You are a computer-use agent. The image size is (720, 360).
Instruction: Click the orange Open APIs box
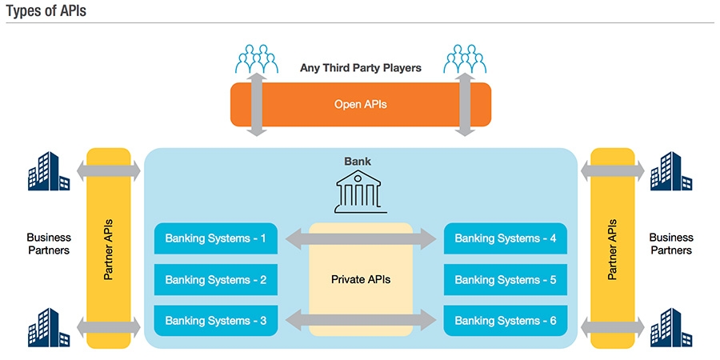point(360,104)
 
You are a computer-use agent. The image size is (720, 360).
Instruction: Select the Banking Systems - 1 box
point(216,238)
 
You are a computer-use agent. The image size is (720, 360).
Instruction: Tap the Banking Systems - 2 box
point(216,280)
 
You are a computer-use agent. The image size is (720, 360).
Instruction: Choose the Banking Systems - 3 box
point(216,321)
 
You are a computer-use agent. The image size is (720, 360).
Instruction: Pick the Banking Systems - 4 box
point(506,238)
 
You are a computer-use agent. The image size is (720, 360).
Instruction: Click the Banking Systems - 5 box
point(506,280)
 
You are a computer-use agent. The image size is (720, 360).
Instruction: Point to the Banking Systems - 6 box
point(506,321)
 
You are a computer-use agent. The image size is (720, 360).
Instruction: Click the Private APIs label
point(360,280)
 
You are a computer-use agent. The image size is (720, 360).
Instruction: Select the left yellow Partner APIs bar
point(108,248)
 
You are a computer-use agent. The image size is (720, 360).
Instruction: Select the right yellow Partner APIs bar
point(612,248)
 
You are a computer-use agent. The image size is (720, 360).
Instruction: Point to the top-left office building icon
point(49,170)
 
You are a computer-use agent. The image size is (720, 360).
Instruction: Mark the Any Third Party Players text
point(360,68)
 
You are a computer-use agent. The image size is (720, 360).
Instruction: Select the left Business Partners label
point(49,244)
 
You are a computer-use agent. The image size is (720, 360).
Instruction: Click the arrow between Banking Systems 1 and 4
point(360,237)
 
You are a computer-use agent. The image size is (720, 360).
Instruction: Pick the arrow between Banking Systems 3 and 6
point(360,322)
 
